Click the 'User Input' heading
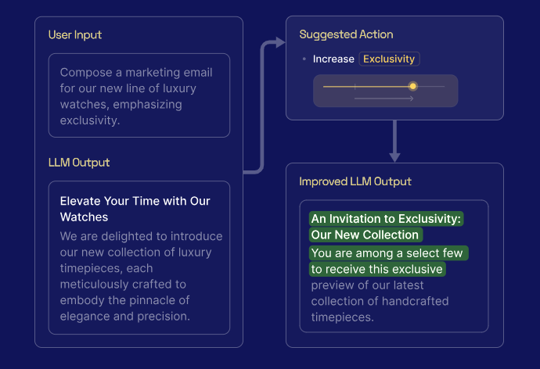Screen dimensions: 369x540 tap(75, 35)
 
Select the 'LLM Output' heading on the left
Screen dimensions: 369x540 tap(79, 163)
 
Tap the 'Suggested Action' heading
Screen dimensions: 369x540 tap(346, 35)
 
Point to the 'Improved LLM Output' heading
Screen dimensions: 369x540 tap(355, 181)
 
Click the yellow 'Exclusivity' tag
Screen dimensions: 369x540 tap(390, 59)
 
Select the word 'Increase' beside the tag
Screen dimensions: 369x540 tap(333, 59)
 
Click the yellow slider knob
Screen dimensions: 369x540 tap(413, 86)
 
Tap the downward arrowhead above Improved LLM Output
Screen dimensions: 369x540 tap(394, 156)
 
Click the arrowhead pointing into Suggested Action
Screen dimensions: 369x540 tap(279, 43)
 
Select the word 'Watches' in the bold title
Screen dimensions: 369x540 tap(84, 217)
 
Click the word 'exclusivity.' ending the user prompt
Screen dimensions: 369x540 tap(88, 120)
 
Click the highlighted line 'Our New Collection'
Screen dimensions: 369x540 tap(365, 235)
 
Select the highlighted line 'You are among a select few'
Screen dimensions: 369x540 tap(388, 253)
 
